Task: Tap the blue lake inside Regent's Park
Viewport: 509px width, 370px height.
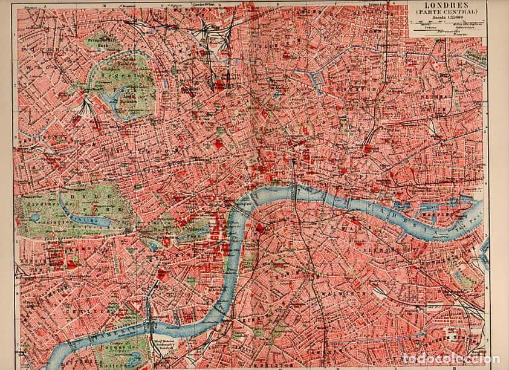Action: [x=111, y=96]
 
